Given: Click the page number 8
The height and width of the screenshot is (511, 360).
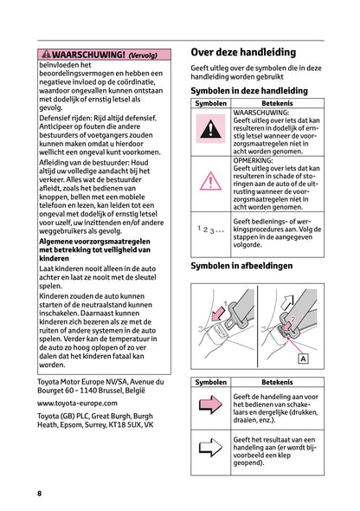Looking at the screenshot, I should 39,493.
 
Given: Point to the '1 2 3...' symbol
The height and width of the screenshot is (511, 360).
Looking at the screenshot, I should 210,229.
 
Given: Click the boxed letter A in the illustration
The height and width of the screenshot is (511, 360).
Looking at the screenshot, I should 304,359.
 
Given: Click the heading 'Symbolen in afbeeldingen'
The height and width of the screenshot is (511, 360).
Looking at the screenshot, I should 241,266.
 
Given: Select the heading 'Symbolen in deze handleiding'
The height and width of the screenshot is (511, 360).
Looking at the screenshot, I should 248,90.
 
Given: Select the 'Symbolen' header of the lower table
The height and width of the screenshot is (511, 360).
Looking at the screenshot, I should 211,382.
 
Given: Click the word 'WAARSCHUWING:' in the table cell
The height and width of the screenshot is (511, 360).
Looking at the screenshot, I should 261,112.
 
